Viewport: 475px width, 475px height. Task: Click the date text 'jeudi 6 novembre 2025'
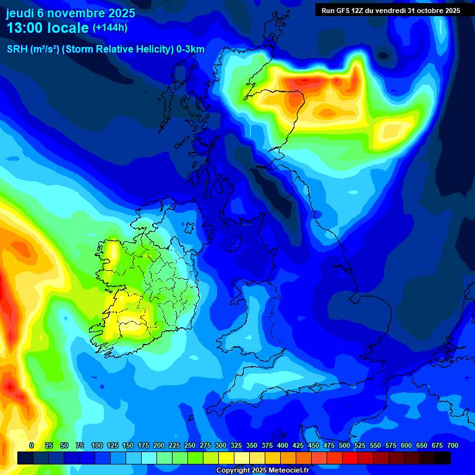(71, 12)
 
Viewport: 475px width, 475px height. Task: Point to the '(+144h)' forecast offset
(109, 27)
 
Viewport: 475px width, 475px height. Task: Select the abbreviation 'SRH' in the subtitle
(17, 49)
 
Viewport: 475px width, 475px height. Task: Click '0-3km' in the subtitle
(190, 49)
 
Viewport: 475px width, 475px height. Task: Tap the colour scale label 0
(32, 445)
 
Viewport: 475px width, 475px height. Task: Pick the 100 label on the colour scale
(96, 445)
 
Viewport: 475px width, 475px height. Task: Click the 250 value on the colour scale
(189, 445)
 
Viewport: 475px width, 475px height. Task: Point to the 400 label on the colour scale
(282, 445)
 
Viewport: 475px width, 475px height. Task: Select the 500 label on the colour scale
(344, 445)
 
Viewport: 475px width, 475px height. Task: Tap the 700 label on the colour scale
(452, 445)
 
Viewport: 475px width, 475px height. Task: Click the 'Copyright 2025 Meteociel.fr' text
(262, 470)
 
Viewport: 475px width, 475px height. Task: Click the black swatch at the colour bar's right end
(443, 458)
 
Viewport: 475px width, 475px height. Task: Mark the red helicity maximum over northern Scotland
(297, 82)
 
